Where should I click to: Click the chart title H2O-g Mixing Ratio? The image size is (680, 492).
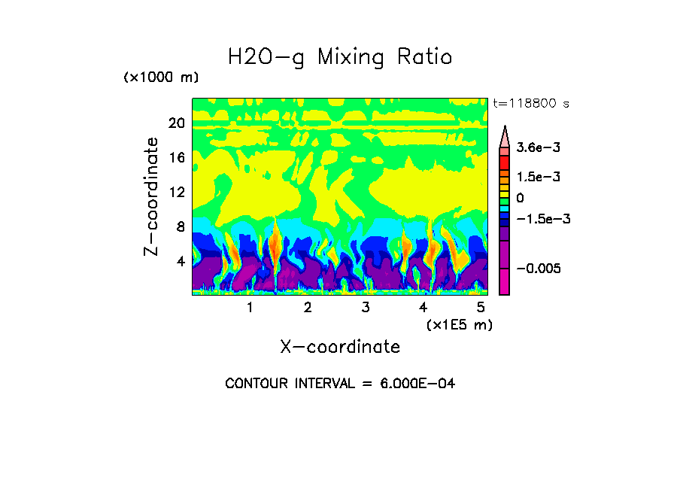click(x=340, y=57)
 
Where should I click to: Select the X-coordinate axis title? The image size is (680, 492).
click(x=340, y=347)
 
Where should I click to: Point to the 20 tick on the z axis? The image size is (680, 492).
click(x=176, y=123)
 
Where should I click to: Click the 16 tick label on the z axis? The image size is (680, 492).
click(x=176, y=158)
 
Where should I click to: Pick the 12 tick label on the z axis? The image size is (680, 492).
click(x=176, y=193)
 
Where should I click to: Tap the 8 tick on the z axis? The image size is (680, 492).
click(x=180, y=227)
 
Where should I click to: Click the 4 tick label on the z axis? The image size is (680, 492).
click(x=180, y=262)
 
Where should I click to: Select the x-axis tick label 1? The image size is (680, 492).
click(x=250, y=307)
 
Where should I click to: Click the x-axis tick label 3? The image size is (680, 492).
click(x=366, y=307)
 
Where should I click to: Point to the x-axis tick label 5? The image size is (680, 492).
click(x=481, y=307)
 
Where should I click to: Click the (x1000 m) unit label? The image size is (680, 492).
click(x=160, y=78)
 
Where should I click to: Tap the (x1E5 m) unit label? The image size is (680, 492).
click(x=459, y=324)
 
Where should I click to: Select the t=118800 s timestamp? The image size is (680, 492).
click(x=530, y=103)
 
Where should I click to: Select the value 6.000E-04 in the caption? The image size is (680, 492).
click(x=417, y=384)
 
